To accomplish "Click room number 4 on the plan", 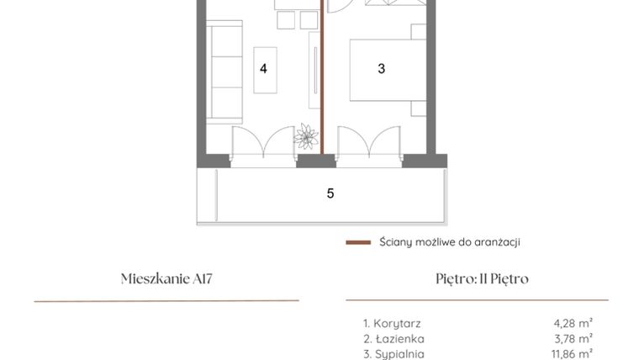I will pos(263,69).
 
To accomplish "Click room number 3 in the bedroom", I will pos(381,69).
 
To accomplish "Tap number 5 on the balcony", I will pos(330,193).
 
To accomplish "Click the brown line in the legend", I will pos(358,242).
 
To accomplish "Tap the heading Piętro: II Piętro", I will pos(478,278).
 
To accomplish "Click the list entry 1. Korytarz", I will pos(392,323).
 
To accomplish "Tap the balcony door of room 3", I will pos(367,143).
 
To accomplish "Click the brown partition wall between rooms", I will pos(323,84).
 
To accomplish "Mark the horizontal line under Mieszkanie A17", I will pos(166,300).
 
